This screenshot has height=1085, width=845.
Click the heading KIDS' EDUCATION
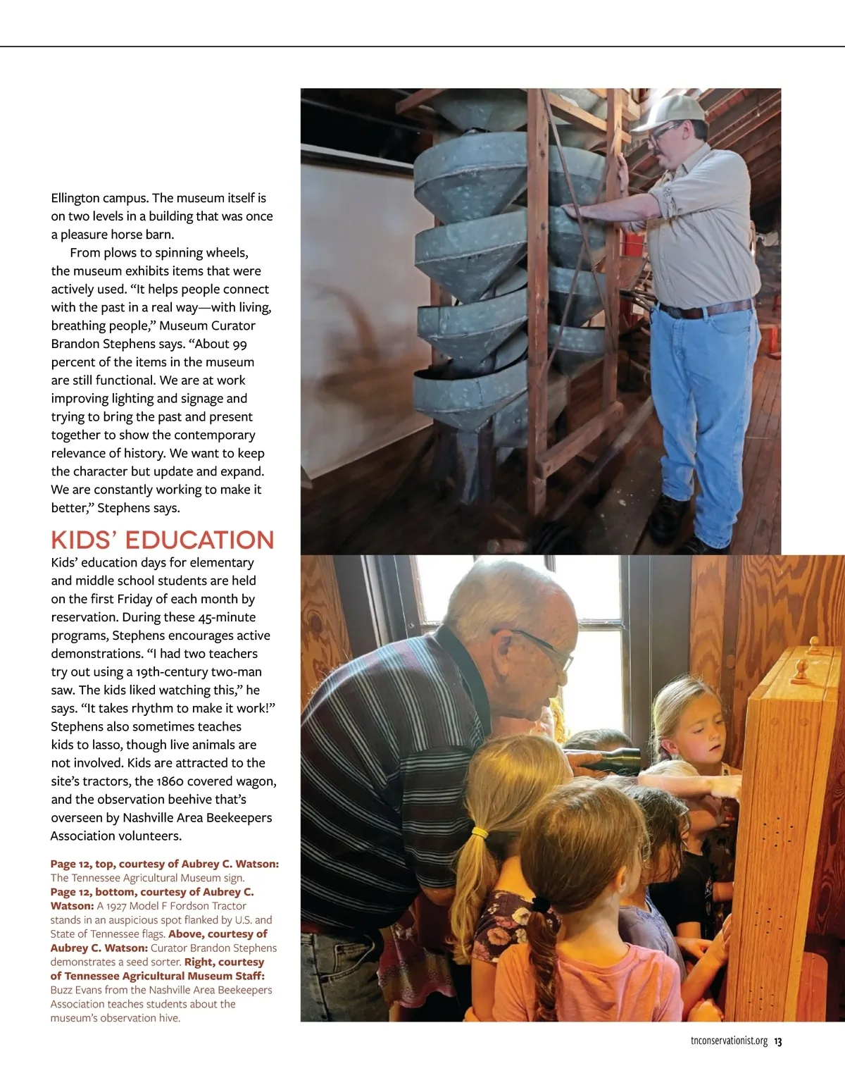click(x=163, y=540)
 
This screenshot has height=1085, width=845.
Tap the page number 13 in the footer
click(x=778, y=1041)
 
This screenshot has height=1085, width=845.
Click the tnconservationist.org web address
click(x=729, y=1041)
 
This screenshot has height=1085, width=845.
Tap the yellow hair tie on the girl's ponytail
click(x=480, y=833)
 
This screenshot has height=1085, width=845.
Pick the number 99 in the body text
click(x=239, y=344)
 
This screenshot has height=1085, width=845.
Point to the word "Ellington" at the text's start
click(x=78, y=198)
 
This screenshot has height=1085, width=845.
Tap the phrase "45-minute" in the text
click(x=226, y=617)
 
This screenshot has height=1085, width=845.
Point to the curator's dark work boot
click(x=668, y=517)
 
